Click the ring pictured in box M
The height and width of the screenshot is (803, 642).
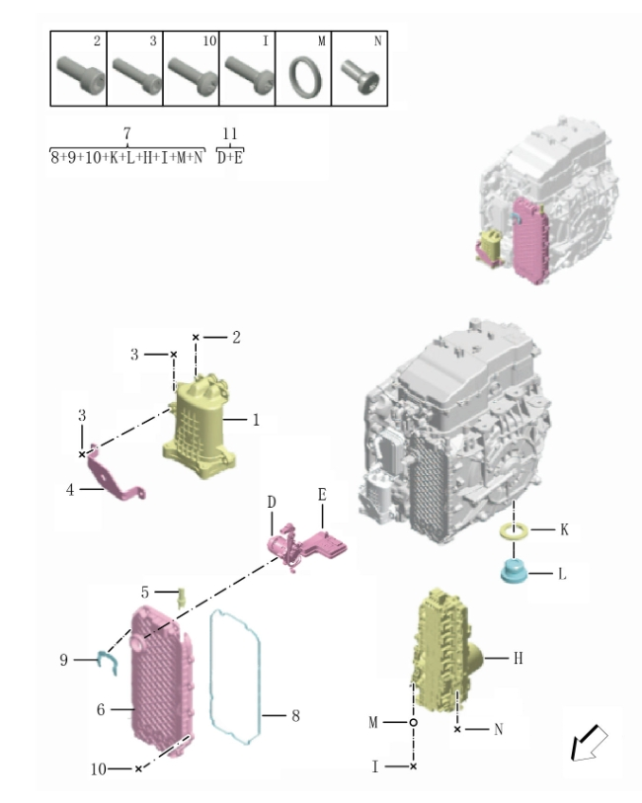click(x=305, y=77)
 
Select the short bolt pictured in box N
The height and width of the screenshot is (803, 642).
click(x=361, y=77)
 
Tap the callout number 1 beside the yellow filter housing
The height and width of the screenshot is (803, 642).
click(x=256, y=420)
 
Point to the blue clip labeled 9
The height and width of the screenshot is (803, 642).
click(x=108, y=662)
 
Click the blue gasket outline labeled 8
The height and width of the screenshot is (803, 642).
click(x=235, y=677)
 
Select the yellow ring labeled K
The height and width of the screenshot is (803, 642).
click(x=514, y=531)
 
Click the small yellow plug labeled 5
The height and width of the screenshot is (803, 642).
click(x=181, y=599)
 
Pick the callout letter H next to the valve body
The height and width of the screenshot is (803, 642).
click(x=519, y=658)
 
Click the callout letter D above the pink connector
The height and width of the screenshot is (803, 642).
click(x=272, y=503)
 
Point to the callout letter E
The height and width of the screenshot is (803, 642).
click(x=322, y=494)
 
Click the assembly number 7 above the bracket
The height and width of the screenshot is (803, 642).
click(x=127, y=133)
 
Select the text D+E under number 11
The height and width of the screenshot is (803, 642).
click(x=230, y=157)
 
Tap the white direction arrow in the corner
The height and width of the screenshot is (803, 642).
click(x=589, y=743)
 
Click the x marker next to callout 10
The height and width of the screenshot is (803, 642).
click(x=138, y=768)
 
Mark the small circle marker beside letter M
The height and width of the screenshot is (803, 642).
click(x=413, y=722)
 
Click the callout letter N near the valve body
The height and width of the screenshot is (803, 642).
click(x=499, y=729)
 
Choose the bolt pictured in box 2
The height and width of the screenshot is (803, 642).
click(x=81, y=75)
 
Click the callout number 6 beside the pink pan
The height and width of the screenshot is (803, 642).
click(x=101, y=709)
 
